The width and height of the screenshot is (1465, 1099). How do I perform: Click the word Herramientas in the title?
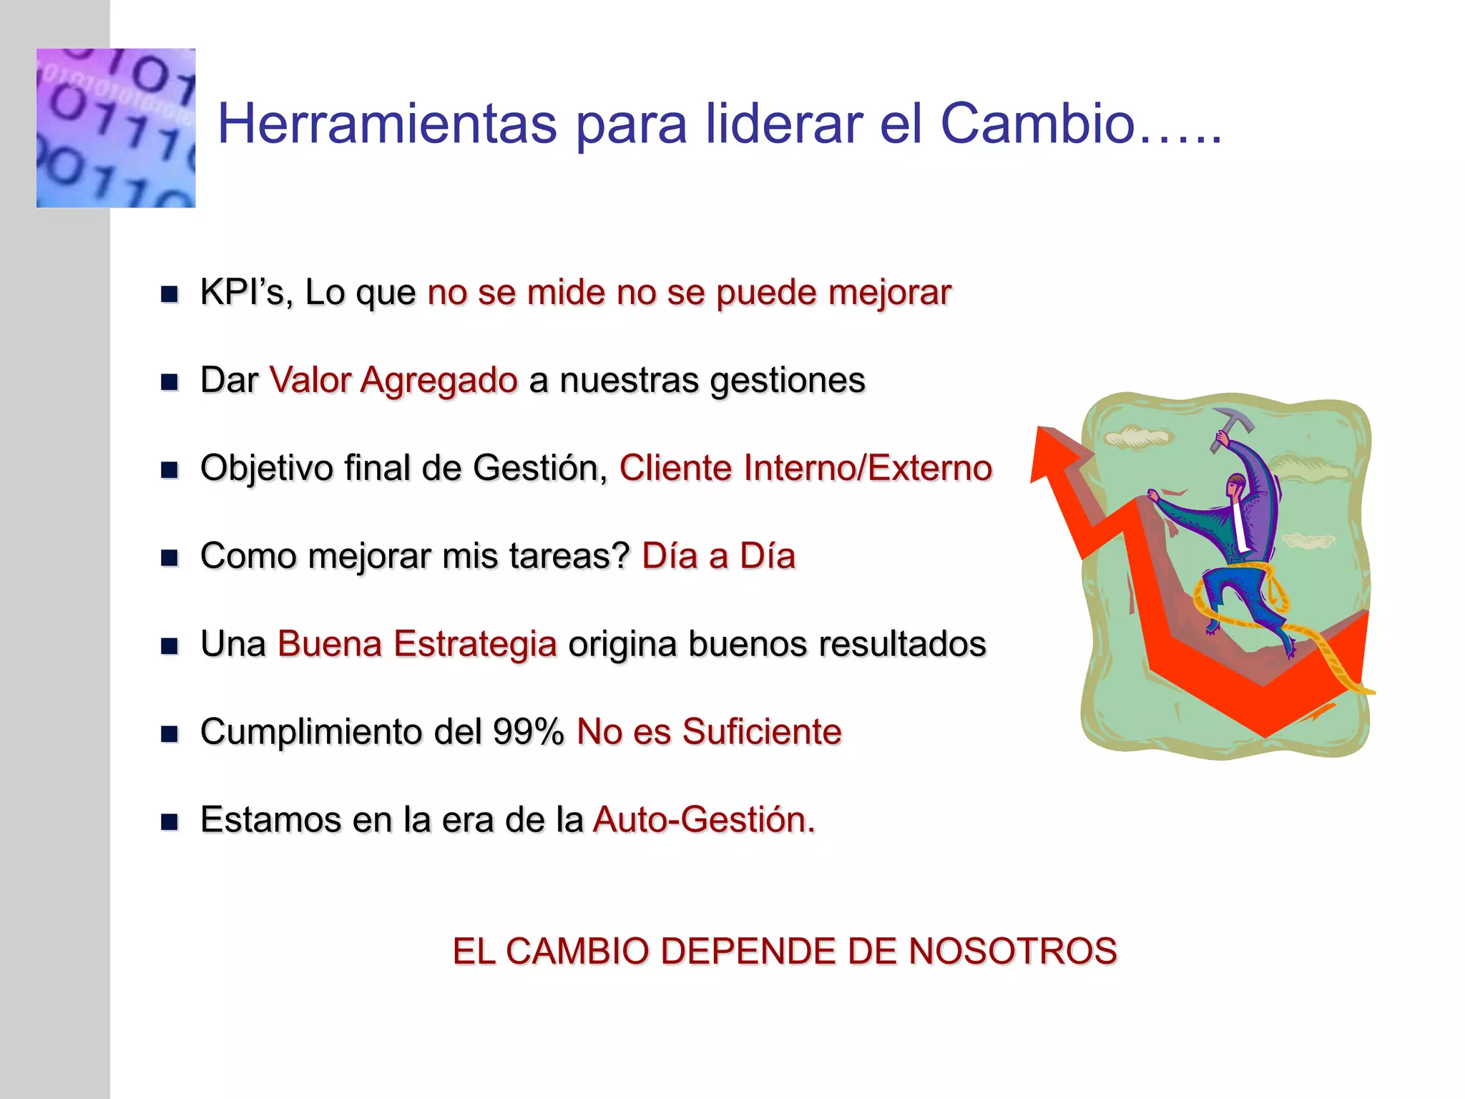point(387,124)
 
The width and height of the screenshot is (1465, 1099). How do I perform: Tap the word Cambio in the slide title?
point(1037,124)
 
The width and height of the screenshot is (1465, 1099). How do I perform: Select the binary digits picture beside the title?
point(116,128)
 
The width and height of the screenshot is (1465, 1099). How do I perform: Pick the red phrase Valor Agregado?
point(393,380)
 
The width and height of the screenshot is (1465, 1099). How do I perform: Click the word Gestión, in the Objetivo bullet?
point(540,468)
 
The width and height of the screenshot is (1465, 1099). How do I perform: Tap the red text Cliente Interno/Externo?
point(805,468)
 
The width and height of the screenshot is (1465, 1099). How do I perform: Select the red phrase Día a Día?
point(718,556)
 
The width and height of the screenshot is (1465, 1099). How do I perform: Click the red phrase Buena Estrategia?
point(417,643)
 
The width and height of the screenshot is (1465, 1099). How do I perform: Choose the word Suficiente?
point(761,731)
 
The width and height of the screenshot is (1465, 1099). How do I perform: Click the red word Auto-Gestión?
point(704,819)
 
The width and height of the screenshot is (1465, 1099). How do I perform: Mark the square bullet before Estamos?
point(170,821)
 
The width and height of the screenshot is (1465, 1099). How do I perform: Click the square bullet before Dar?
point(170,382)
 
